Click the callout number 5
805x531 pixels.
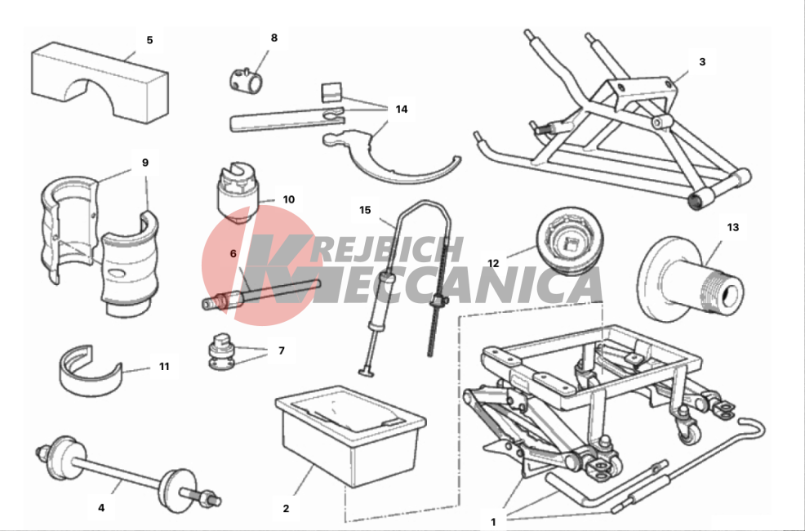coord(149,40)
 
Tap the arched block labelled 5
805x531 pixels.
coord(100,83)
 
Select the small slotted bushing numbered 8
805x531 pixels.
coord(246,79)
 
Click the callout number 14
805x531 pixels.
coord(402,109)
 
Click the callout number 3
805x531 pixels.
coord(702,61)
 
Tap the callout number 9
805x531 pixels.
coord(145,163)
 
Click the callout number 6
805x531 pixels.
coord(233,254)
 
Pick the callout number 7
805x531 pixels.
coord(282,350)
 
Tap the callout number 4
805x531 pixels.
coord(101,507)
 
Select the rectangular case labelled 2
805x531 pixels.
coord(350,435)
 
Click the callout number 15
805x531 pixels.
coord(365,210)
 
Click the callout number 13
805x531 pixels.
coord(732,227)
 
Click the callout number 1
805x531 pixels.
coord(493,522)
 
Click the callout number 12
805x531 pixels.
coord(493,263)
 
